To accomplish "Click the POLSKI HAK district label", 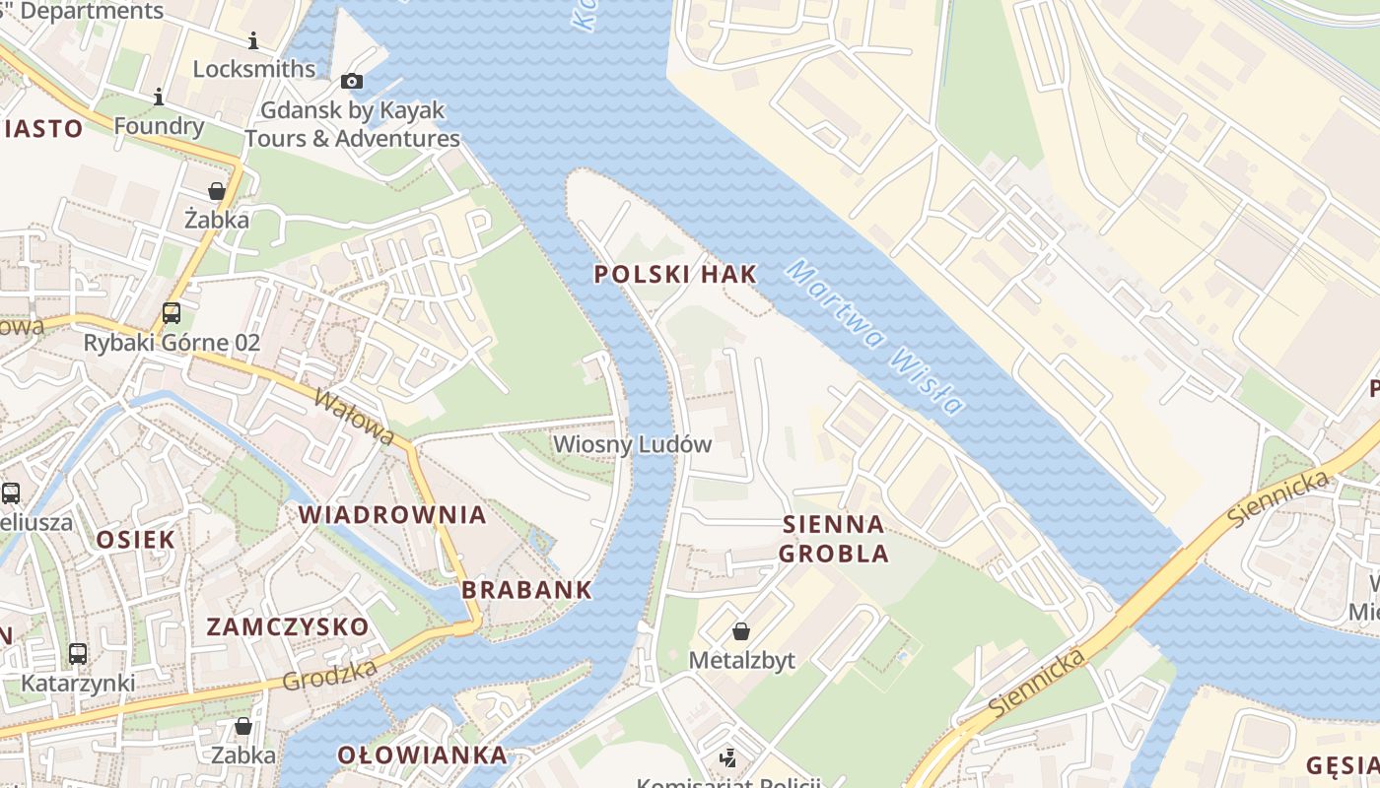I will point(676,275).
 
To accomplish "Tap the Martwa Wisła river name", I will point(873,337).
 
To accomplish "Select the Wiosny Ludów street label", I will point(632,444).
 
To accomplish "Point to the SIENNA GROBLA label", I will point(833,538).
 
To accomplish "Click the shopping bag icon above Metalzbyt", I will point(740,631).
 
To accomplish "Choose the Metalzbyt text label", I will point(741,660).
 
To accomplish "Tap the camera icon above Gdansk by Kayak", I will point(352,82).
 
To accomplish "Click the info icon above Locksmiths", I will point(253,40).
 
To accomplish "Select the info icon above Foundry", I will point(158,97).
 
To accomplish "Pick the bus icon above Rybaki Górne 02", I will point(172,313).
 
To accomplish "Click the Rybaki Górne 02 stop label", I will point(172,343).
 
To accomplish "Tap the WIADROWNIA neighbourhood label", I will point(392,514).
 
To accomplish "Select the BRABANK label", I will point(527,590).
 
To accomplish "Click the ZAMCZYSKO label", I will point(287,626).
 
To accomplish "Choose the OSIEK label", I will point(136,539).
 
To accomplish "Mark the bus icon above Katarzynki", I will point(78,653).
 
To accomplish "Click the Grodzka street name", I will point(329,676).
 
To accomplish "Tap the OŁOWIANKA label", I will point(422,755).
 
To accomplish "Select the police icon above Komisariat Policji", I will point(727,757).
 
